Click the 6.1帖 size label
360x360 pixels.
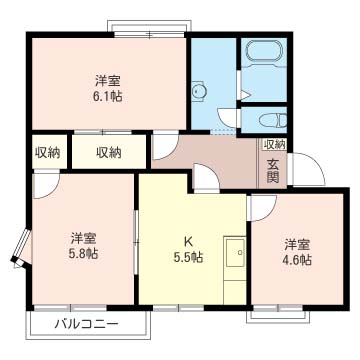tap(110, 97)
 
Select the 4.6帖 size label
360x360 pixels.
tap(297, 260)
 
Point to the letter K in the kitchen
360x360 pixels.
tap(187, 240)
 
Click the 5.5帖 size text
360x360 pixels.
tap(187, 257)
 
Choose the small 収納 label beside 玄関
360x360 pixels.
tap(273, 145)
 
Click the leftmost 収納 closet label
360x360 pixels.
tap(47, 152)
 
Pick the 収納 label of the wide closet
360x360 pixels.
tap(109, 152)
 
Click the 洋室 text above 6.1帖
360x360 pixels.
tap(110, 80)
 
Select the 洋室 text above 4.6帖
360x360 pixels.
tap(297, 243)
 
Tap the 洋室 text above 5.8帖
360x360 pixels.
tap(84, 238)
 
